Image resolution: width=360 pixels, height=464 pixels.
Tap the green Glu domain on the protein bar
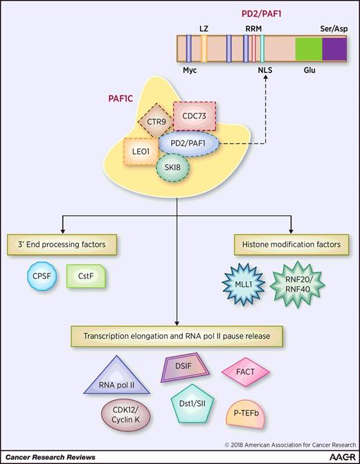[308, 51]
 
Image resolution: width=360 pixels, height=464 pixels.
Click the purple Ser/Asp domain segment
[334, 51]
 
